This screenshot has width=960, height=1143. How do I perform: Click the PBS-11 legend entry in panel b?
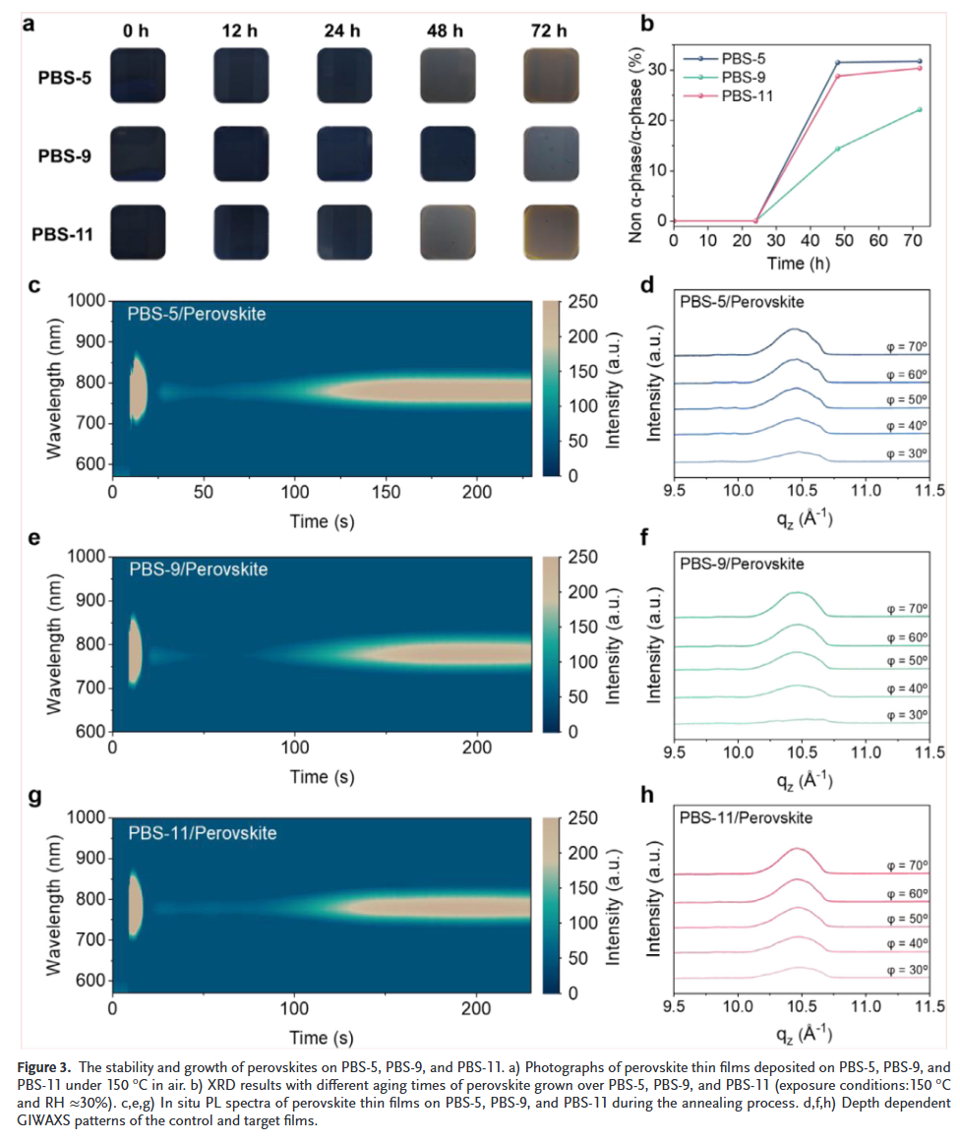pos(748,95)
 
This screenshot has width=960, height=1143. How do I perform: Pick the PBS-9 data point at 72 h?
pos(919,109)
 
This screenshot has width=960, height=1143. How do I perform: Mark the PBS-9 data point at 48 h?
pos(837,149)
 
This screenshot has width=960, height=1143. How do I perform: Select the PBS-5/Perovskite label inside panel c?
pos(196,314)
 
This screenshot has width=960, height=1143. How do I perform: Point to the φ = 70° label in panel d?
pos(906,345)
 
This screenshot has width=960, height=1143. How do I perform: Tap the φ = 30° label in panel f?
pos(906,714)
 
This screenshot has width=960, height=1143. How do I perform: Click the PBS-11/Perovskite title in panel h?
pos(746,817)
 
